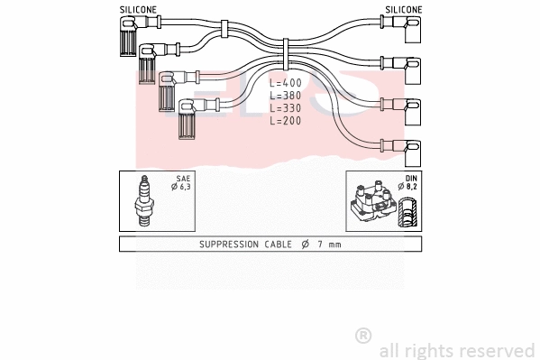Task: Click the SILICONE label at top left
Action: (x=137, y=9)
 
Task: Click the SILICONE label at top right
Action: (x=403, y=9)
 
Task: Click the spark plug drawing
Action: (x=143, y=201)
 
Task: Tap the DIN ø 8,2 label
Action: (x=410, y=185)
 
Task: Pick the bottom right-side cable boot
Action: (x=409, y=147)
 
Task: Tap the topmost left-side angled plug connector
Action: (x=125, y=36)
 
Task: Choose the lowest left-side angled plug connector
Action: (x=188, y=119)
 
